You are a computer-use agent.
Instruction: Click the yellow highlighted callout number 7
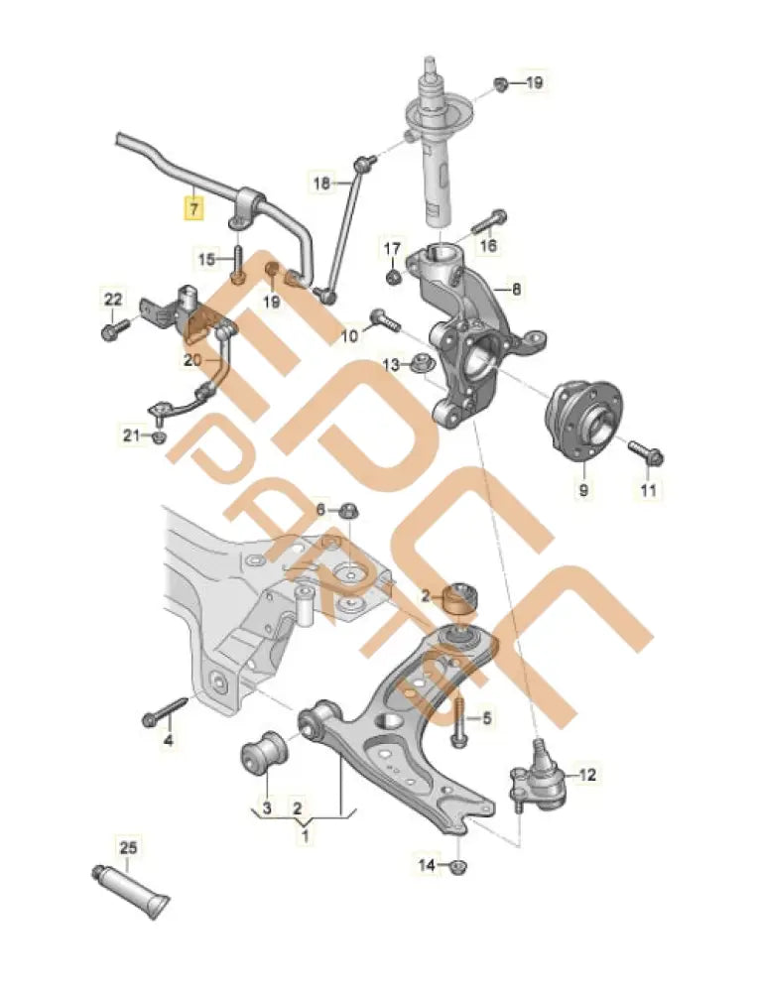point(194,208)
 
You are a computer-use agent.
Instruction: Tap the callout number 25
point(130,848)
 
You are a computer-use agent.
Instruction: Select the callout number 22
point(113,299)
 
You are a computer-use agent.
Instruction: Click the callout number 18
point(322,183)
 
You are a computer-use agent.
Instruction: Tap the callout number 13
point(391,365)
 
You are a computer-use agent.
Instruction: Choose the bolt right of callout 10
point(383,319)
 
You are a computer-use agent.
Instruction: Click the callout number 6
point(320,509)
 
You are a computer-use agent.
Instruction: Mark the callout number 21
point(132,434)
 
